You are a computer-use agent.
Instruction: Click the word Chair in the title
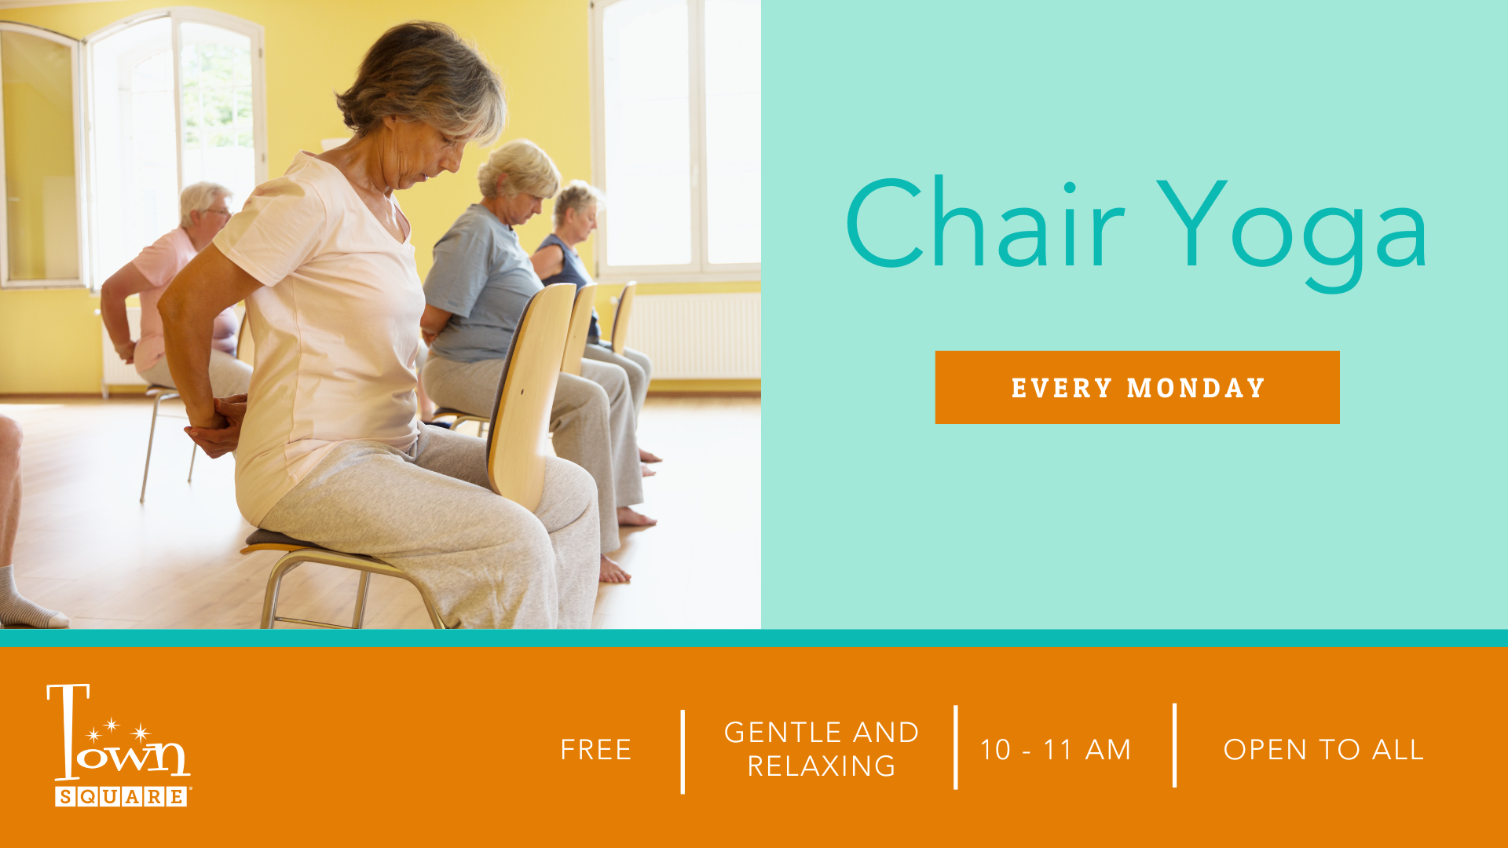click(x=985, y=224)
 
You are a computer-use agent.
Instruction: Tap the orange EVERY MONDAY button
click(x=1137, y=387)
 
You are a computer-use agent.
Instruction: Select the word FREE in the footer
click(x=596, y=750)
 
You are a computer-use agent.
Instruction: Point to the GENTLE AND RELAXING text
click(x=822, y=749)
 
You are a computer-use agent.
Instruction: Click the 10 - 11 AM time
click(x=1056, y=750)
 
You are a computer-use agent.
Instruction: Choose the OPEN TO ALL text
click(x=1323, y=750)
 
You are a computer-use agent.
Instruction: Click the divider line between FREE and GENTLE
click(x=683, y=751)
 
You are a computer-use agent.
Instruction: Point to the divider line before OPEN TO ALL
click(x=1175, y=745)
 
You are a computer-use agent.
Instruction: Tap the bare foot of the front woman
click(x=613, y=570)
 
